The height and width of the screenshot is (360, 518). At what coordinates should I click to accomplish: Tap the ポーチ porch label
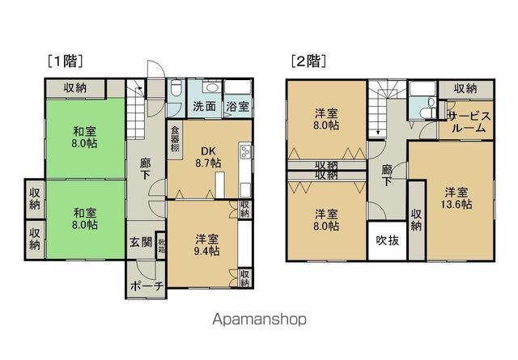(x=146, y=285)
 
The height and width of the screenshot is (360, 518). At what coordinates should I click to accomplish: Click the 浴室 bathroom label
(x=237, y=106)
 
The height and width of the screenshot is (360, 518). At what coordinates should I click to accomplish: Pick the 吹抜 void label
(x=384, y=239)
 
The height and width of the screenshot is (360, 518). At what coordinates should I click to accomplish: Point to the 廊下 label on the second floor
(x=387, y=176)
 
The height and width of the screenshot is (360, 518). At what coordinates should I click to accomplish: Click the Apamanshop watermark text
(x=259, y=320)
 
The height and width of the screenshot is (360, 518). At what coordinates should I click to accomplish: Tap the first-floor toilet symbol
(x=176, y=90)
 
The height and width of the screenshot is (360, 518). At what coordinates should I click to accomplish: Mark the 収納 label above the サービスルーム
(x=465, y=88)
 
